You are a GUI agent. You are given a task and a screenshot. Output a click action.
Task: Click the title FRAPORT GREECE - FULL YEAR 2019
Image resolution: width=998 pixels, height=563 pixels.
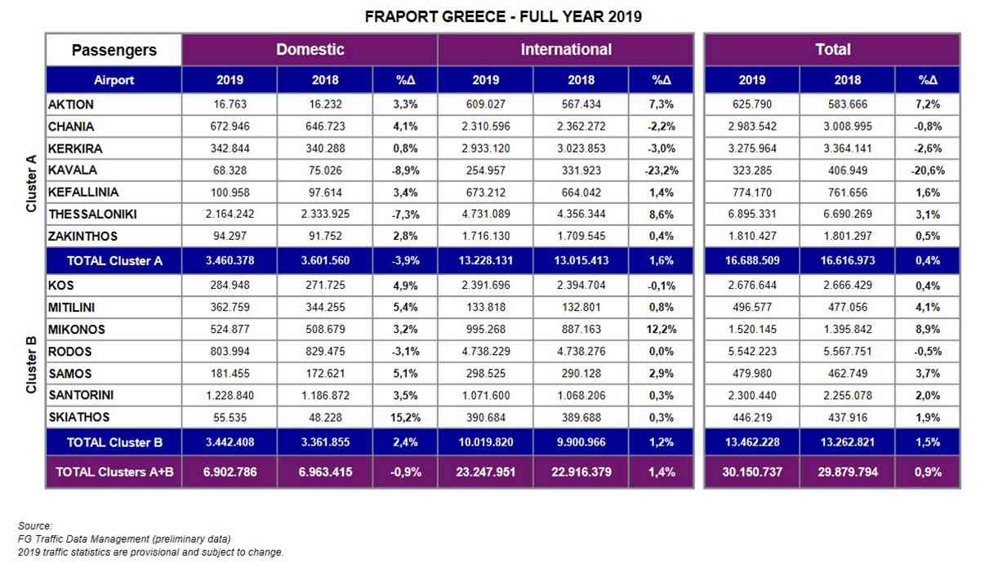503,16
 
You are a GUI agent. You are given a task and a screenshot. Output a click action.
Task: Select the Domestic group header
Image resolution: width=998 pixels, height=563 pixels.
310,50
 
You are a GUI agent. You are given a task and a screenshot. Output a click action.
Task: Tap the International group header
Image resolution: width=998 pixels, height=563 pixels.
566,50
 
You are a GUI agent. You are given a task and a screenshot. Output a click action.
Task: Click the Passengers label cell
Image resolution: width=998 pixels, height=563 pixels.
114,50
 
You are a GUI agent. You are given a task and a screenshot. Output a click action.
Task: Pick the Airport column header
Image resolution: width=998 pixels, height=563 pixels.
114,80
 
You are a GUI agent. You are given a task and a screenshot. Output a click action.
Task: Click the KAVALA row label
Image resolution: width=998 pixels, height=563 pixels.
73,170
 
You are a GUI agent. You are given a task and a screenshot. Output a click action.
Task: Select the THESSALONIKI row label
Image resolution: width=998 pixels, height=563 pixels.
92,214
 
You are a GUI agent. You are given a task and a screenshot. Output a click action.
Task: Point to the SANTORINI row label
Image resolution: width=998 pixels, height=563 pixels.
81,395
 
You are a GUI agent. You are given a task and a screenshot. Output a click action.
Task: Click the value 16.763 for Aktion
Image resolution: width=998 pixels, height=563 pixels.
229,104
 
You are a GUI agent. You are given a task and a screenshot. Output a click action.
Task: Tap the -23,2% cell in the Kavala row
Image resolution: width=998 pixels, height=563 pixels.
662,171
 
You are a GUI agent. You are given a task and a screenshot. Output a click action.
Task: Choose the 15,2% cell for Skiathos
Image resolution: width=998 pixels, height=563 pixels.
405,418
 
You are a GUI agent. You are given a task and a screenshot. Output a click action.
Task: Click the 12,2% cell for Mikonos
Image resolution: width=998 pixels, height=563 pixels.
662,330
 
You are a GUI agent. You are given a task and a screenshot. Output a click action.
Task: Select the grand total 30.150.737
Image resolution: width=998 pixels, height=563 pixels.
752,472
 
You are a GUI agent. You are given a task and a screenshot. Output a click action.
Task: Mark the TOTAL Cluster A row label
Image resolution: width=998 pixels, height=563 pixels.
114,261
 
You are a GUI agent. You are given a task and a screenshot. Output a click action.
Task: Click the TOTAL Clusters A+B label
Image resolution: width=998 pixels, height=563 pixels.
114,472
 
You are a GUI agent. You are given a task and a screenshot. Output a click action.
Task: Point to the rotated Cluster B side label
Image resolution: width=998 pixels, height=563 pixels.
31,365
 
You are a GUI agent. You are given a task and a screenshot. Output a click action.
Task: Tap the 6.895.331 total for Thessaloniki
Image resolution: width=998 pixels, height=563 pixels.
752,214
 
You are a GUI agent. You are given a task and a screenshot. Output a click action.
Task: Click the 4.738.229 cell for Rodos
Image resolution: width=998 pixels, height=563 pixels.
486,351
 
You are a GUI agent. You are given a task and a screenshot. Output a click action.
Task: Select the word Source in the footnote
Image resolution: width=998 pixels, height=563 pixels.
35,525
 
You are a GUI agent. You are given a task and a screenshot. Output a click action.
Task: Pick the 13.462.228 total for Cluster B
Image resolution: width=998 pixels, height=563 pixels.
752,442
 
